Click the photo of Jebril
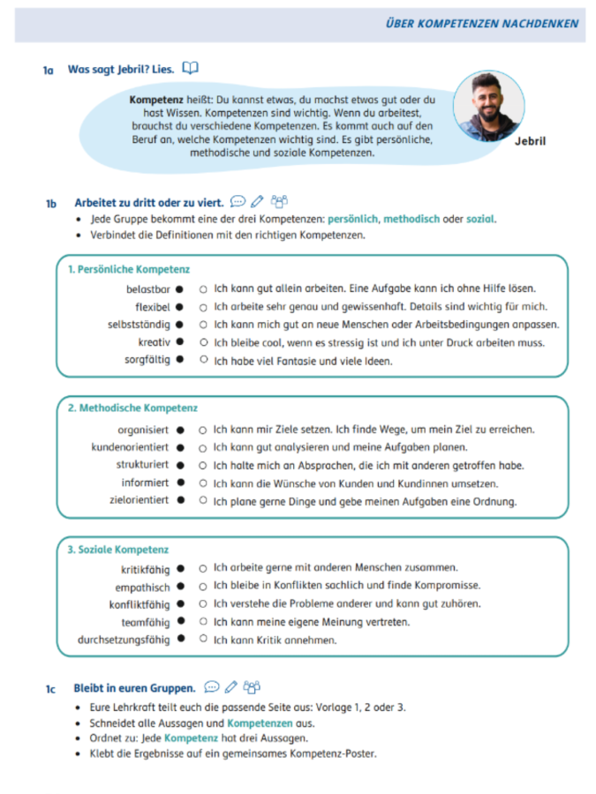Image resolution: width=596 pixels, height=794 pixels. pyautogui.click(x=487, y=106)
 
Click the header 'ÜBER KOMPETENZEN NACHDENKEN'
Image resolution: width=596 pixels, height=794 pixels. pyautogui.click(x=482, y=23)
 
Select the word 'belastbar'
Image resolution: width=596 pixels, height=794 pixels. pyautogui.click(x=147, y=288)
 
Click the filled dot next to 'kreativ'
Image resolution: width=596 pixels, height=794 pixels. pyautogui.click(x=179, y=341)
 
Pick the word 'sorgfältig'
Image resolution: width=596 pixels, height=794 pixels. pyautogui.click(x=146, y=359)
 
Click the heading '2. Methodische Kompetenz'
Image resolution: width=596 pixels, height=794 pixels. pyautogui.click(x=132, y=408)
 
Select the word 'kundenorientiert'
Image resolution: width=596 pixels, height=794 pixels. pyautogui.click(x=131, y=447)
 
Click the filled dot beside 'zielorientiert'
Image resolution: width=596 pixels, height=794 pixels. pyautogui.click(x=179, y=500)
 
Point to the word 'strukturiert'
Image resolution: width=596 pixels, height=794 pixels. pyautogui.click(x=142, y=465)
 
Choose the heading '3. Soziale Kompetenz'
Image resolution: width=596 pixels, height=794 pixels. pyautogui.click(x=118, y=549)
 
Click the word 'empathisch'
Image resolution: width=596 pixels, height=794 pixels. pyautogui.click(x=142, y=587)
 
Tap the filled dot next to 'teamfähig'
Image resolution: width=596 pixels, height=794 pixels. pyautogui.click(x=179, y=622)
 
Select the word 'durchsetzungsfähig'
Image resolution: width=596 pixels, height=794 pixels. pyautogui.click(x=124, y=640)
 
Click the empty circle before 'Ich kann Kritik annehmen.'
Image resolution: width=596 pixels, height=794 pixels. pyautogui.click(x=203, y=640)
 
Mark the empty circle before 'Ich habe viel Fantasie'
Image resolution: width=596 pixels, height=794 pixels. pyautogui.click(x=203, y=360)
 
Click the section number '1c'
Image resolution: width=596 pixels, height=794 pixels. pyautogui.click(x=50, y=687)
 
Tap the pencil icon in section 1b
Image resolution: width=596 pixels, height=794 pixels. pyautogui.click(x=257, y=202)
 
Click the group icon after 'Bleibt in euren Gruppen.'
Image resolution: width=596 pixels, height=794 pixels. pyautogui.click(x=253, y=686)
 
